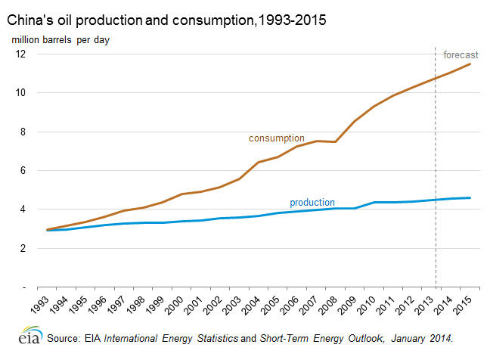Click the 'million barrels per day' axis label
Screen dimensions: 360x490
pos(60,39)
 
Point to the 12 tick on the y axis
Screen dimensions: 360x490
pos(21,54)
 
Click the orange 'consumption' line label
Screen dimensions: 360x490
pos(277,138)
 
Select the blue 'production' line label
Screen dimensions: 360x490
pos(312,203)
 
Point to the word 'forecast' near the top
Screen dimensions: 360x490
pos(460,55)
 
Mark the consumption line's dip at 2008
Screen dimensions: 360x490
pos(335,141)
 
